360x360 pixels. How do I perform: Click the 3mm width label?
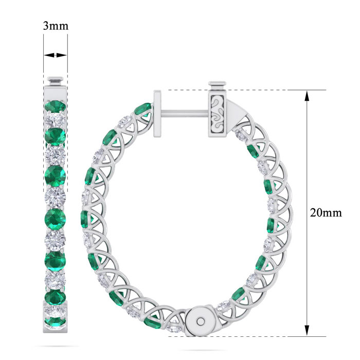56,26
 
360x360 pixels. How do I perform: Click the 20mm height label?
326,213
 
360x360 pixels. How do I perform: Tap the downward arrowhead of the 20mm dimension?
307,331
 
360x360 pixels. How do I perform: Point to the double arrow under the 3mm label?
56,55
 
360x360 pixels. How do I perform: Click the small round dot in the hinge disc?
201,321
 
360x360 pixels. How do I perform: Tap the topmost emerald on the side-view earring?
55,106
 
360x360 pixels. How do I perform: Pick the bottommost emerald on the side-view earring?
55,321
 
